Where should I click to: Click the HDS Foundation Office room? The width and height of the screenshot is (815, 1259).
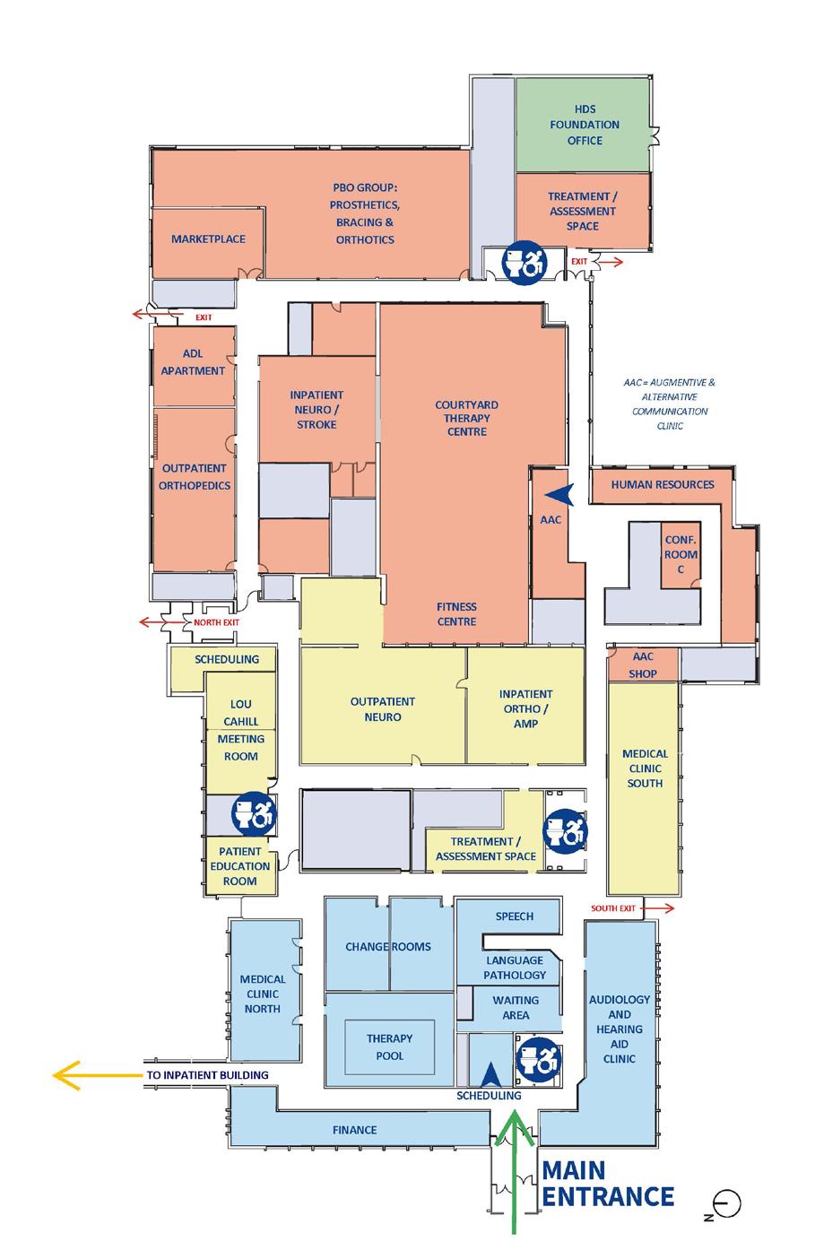[584, 125]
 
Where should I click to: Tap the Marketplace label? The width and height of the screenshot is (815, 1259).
[208, 239]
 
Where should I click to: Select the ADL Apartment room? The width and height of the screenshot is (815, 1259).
[194, 363]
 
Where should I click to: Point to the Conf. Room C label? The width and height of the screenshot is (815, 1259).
[681, 555]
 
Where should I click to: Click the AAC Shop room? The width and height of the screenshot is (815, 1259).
[643, 665]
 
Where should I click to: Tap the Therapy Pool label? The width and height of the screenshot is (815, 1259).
[390, 1047]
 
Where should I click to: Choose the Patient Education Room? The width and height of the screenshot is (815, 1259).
[239, 866]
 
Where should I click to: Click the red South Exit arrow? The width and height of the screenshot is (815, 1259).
[659, 908]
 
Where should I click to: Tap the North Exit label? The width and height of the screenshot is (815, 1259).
[216, 622]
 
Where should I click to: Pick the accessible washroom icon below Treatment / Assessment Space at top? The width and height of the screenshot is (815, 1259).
[524, 262]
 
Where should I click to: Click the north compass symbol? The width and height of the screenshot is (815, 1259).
[726, 1203]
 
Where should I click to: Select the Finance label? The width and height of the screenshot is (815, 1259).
[355, 1130]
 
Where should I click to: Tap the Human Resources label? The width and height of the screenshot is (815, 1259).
[663, 484]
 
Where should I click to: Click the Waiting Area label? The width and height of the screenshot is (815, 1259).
[516, 1007]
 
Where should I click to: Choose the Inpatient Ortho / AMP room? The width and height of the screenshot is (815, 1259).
[525, 708]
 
